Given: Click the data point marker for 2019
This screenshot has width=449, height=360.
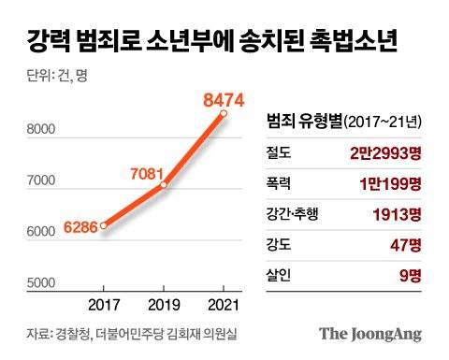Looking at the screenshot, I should point(164,185).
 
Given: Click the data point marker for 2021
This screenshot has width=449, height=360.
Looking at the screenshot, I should point(224,114).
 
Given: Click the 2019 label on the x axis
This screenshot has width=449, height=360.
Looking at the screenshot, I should point(164,305).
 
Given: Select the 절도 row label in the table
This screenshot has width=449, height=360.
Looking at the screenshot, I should point(280,151).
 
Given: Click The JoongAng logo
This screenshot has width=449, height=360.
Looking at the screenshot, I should point(370,334).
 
